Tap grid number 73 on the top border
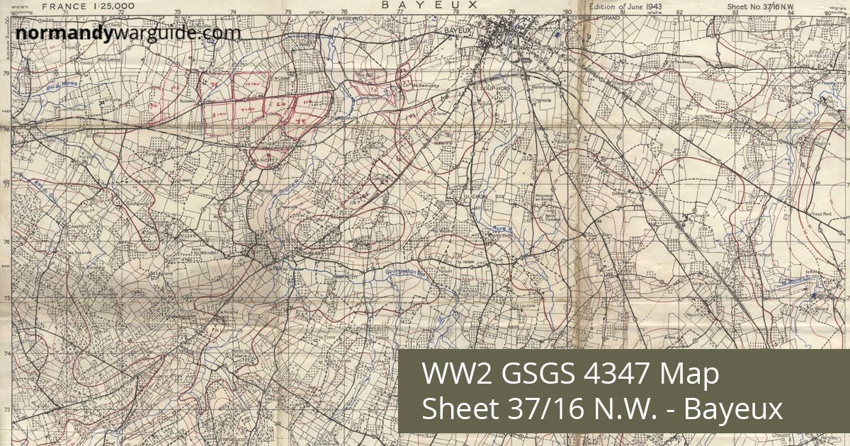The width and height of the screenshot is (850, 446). tap(177, 12)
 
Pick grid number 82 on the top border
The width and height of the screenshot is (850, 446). tap(680, 12)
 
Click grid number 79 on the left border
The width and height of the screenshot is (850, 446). tap(6, 74)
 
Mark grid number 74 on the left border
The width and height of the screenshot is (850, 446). tap(6, 354)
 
